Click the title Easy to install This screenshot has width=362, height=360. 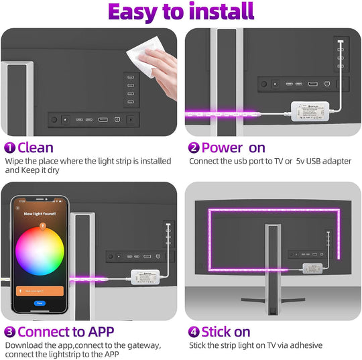tap(181, 12)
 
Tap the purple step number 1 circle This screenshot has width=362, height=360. tap(9, 147)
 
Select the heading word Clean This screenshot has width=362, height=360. tap(36, 147)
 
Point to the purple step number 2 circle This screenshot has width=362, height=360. tap(194, 147)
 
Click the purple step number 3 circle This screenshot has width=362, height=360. tap(9, 332)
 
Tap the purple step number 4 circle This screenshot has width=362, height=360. tap(194, 332)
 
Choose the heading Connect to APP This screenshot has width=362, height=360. tap(66, 332)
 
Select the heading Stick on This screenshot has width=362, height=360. tap(226, 332)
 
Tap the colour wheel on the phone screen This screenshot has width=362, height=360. tap(40, 251)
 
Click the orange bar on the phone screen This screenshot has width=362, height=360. tap(40, 291)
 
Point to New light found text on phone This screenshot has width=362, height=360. tap(40, 213)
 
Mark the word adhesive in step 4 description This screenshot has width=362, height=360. tap(306, 345)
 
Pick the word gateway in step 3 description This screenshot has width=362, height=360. tap(143, 345)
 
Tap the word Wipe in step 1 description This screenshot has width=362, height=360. tap(15, 161)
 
